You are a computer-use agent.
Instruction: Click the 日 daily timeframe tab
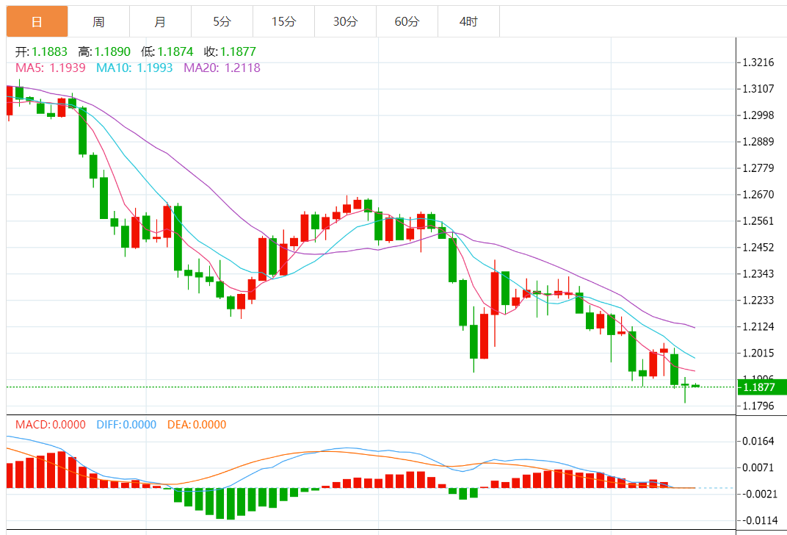pyautogui.click(x=37, y=22)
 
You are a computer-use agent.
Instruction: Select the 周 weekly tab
pyautogui.click(x=98, y=22)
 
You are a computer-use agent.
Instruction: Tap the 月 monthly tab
pyautogui.click(x=160, y=22)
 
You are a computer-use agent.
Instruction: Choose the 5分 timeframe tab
pyautogui.click(x=222, y=22)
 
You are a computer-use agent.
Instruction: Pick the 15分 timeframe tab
pyautogui.click(x=283, y=22)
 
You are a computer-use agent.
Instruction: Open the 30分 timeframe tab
pyautogui.click(x=345, y=22)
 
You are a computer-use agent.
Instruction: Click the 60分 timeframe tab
pyautogui.click(x=407, y=22)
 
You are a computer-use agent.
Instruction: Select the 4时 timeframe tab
pyautogui.click(x=468, y=22)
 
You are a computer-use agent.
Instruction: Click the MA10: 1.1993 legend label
pyautogui.click(x=134, y=68)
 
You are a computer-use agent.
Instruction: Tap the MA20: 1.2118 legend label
pyautogui.click(x=222, y=68)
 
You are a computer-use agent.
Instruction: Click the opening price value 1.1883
pyautogui.click(x=49, y=52)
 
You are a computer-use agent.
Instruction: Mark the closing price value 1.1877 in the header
pyautogui.click(x=240, y=52)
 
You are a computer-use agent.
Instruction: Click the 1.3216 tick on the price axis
pyautogui.click(x=758, y=62)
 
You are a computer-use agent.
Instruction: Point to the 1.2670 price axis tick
pyautogui.click(x=758, y=195)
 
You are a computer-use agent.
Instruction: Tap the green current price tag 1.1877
pyautogui.click(x=762, y=387)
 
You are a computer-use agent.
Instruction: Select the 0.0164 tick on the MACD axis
pyautogui.click(x=758, y=441)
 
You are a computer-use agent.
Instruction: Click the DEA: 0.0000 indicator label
pyautogui.click(x=197, y=425)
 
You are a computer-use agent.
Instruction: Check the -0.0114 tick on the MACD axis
pyautogui.click(x=757, y=520)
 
